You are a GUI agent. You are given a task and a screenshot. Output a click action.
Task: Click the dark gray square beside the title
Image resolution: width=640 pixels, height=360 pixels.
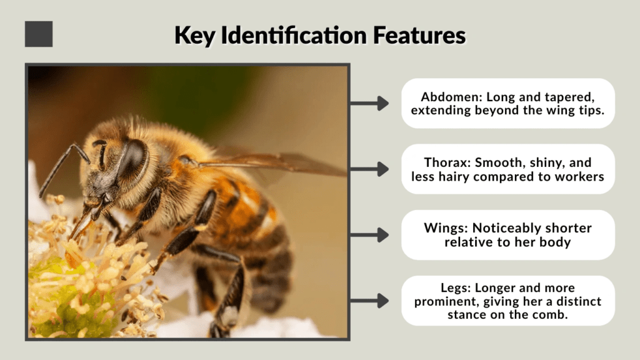[39, 34]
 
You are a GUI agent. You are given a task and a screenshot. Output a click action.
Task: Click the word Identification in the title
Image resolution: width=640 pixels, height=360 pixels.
[294, 35]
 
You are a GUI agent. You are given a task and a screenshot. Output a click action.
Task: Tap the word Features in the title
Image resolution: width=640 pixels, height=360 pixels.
[419, 35]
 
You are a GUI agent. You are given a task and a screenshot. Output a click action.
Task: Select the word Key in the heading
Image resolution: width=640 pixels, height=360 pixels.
[195, 36]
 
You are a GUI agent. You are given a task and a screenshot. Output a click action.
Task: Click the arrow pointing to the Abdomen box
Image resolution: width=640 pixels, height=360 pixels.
[369, 103]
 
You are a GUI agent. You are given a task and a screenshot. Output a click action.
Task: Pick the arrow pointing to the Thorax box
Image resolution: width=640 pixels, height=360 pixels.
[369, 169]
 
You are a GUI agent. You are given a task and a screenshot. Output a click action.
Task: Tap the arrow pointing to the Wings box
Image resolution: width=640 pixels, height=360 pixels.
[369, 235]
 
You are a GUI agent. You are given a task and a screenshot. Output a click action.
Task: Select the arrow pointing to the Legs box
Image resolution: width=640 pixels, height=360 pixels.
[369, 301]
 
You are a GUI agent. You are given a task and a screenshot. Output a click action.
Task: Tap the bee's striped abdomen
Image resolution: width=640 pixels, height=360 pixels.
[253, 237]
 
